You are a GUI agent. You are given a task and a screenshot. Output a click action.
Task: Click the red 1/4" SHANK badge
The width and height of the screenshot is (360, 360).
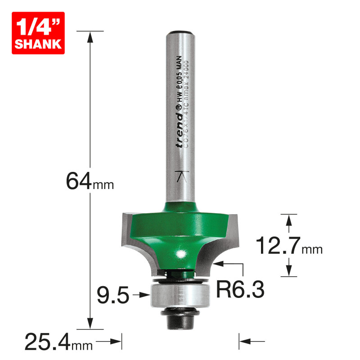click(37, 33)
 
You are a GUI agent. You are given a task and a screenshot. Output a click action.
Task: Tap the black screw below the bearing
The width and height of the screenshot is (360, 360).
click(180, 317)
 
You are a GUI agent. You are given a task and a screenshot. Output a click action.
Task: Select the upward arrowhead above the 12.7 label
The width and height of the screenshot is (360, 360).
click(288, 219)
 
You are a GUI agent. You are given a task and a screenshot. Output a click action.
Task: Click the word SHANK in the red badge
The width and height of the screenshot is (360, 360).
click(37, 44)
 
